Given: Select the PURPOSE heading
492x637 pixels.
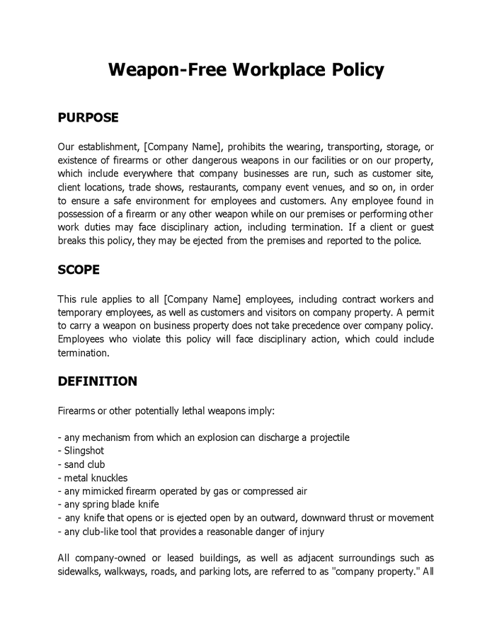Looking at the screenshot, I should coord(88,117).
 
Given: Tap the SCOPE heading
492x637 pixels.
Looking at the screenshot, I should coord(79,270).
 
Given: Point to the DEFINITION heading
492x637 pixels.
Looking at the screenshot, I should coord(97,381).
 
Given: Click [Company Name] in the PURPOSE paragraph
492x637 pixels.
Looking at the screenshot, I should coord(183,147).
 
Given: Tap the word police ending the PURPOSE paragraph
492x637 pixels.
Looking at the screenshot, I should coord(406,241).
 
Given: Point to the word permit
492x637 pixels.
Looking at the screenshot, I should coord(418,313).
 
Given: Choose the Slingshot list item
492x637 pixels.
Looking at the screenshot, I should coord(84,451).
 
